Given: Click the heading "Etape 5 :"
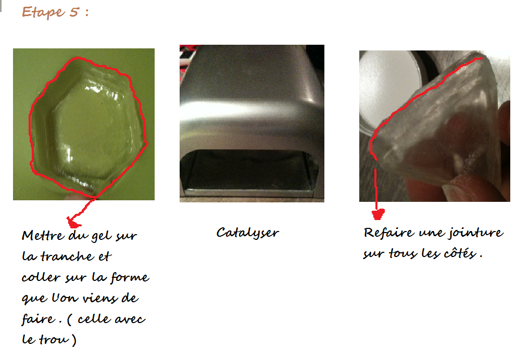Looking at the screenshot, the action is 55,12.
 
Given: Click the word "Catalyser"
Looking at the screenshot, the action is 248,233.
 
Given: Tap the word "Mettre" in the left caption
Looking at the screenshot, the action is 43,235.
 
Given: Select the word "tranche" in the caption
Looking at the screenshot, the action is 67,256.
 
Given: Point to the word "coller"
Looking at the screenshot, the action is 41,277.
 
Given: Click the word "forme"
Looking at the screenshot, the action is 130,277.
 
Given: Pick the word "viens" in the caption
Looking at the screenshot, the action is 100,298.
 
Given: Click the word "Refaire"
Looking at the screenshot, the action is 388,232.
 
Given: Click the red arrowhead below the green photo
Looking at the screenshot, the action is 73,223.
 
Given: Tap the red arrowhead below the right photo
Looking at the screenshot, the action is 378,214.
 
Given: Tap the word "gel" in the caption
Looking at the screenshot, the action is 102,235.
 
